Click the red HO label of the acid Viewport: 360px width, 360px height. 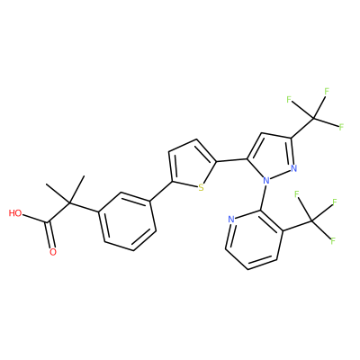click(15, 213)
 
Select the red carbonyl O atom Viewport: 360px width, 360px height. click(53, 252)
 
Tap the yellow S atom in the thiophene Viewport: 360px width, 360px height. click(201, 188)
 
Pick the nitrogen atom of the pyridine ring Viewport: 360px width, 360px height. click(230, 219)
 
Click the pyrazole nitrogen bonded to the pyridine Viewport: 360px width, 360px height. click(265, 181)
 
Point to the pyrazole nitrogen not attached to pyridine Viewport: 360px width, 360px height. click(293, 168)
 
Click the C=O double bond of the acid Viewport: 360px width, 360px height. click(49, 235)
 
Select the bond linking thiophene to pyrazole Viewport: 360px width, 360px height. click(231, 160)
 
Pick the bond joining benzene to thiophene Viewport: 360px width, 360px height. click(161, 192)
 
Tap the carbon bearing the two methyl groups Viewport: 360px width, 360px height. click(69, 203)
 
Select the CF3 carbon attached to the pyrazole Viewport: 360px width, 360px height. click(313, 118)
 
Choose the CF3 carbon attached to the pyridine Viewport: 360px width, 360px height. click(312, 221)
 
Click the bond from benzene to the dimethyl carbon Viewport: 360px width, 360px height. click(84, 208)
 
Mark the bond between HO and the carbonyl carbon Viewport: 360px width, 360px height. click(35, 219)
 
